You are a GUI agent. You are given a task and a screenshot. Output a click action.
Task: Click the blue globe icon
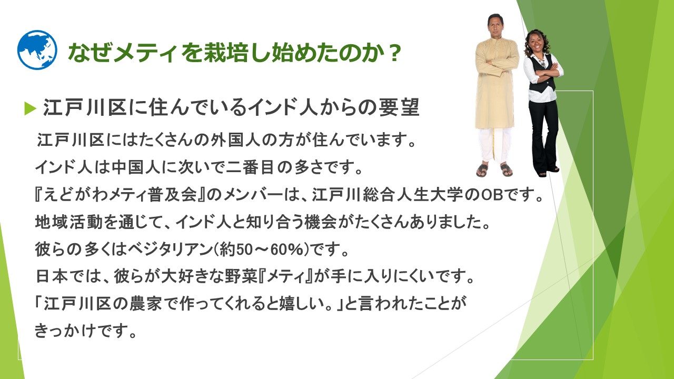coord(37,49)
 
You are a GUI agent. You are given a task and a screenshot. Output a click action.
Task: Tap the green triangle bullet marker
coord(30,108)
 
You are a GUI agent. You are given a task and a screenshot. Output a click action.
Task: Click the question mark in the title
coord(394,53)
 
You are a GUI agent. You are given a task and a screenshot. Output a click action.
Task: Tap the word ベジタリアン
coord(170,250)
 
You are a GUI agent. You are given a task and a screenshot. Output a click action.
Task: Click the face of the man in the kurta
coord(495,26)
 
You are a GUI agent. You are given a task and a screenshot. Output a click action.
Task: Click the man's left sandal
coord(506,170)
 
